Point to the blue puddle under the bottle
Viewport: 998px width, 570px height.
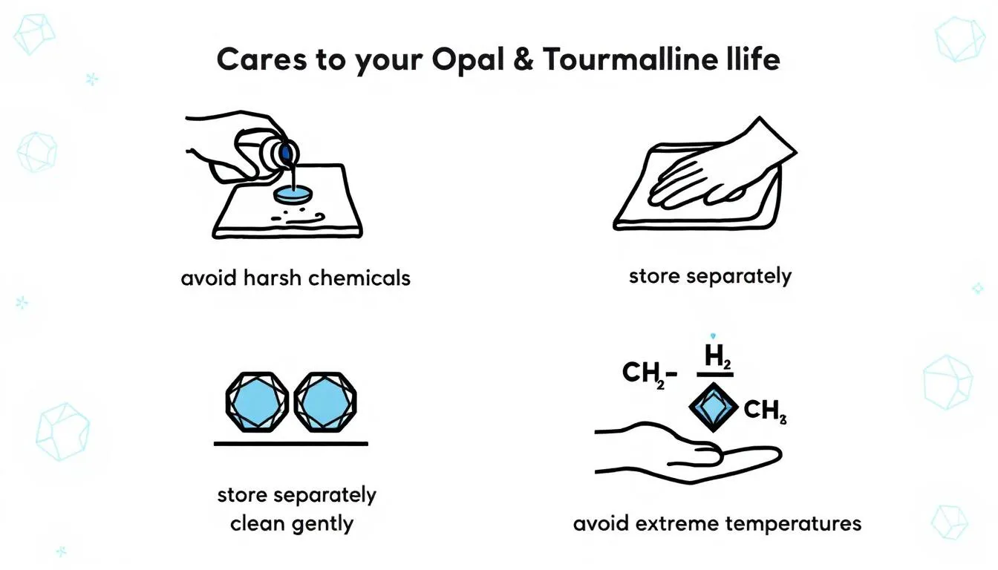click(x=293, y=194)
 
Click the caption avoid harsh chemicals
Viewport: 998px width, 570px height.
click(x=295, y=278)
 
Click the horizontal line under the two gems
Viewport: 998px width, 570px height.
click(x=290, y=444)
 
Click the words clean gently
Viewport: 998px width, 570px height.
click(x=292, y=523)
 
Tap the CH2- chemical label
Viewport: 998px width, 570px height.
click(x=648, y=373)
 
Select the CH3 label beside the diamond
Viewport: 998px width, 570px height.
click(x=764, y=410)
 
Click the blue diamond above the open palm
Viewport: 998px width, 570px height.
click(x=712, y=407)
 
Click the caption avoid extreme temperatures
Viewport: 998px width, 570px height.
click(x=717, y=523)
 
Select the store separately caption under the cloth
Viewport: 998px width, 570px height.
click(x=710, y=277)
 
